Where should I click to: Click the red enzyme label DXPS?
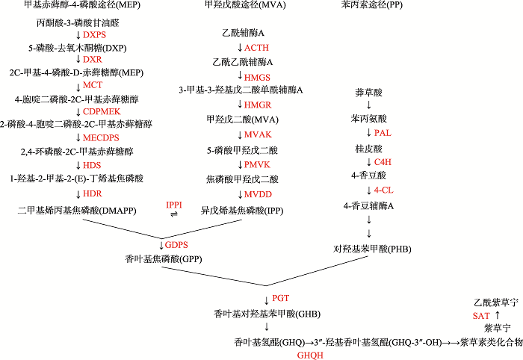94,34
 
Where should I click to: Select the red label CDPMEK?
102,111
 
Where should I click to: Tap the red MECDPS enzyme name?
101,137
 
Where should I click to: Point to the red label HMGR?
258,105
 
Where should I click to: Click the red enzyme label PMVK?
257,164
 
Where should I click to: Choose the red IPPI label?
174,205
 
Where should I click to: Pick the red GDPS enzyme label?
176,245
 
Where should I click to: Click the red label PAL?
383,133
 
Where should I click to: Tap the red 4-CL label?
383,190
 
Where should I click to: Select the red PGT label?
280,298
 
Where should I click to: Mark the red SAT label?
481,316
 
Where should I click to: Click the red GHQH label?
310,356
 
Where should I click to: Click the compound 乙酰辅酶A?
243,33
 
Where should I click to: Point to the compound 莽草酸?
368,93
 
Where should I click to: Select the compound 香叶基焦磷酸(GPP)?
164,259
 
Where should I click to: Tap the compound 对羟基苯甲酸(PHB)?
372,249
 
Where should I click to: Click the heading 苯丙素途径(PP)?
371,4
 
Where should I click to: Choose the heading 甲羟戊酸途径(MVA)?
245,4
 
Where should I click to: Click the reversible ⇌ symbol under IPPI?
174,214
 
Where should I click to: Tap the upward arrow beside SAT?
498,315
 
